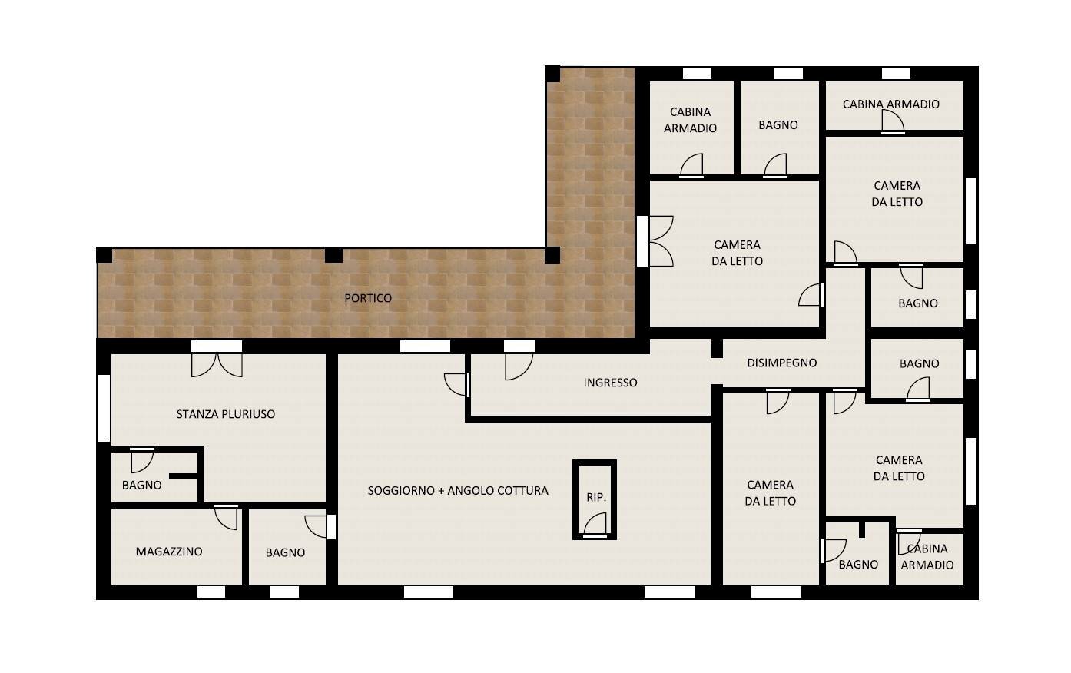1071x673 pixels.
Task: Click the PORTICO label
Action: pos(367,298)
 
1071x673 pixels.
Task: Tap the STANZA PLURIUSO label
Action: pos(225,414)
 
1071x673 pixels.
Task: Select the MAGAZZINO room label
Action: pos(169,552)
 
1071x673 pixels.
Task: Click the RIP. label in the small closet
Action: pos(596,497)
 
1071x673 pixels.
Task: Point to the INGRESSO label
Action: pos(610,383)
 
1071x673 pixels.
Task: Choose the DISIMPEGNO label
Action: pos(781,363)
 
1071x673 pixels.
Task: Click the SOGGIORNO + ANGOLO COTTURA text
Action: pos(458,491)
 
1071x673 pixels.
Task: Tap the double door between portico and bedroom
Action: pos(660,241)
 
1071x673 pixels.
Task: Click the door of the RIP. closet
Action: pos(595,527)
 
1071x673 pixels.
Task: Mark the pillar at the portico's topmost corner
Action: pos(552,74)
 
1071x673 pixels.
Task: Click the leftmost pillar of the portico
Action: pos(104,254)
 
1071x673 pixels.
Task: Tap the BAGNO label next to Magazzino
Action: pos(285,552)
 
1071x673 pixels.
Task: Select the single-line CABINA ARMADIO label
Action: pos(890,104)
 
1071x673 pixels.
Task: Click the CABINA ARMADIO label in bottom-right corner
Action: pos(927,557)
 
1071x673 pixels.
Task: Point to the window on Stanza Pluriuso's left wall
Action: pos(104,408)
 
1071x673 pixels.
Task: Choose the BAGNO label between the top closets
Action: pos(778,125)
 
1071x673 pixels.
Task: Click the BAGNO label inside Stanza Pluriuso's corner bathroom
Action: pos(141,486)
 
